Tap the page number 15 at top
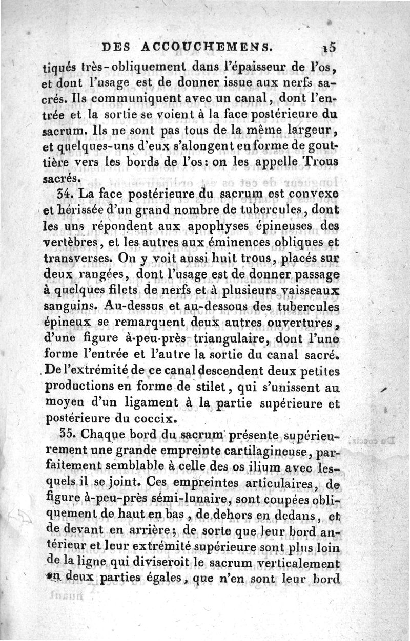329,47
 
